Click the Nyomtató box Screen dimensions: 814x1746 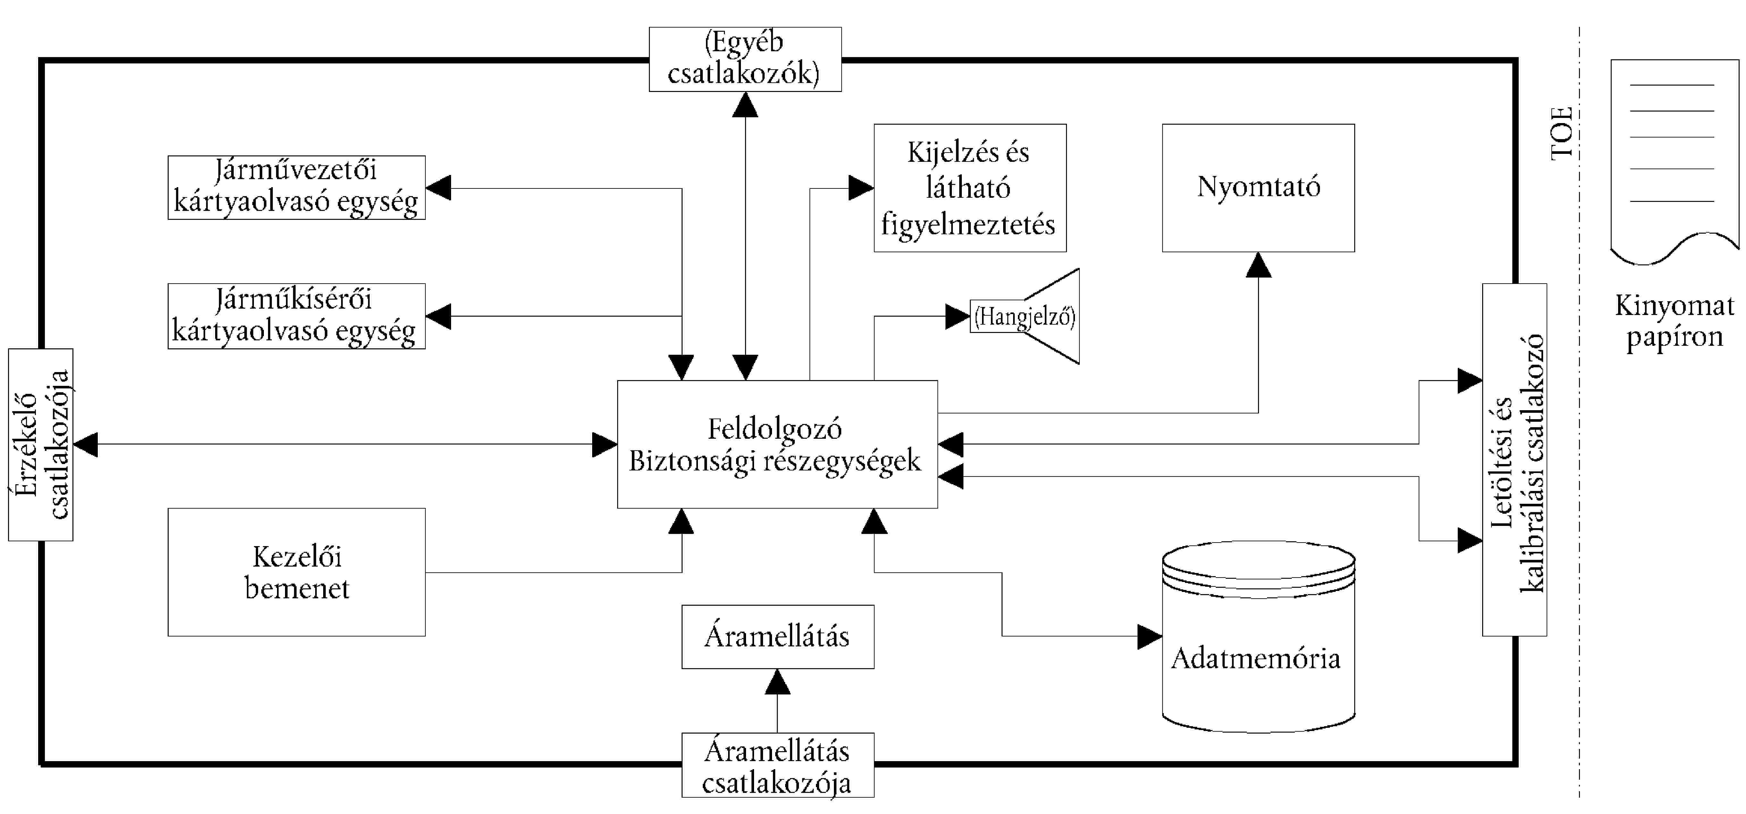pyautogui.click(x=1258, y=188)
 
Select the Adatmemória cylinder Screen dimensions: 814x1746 pyautogui.click(x=1258, y=637)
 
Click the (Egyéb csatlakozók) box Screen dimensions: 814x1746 pyautogui.click(x=745, y=59)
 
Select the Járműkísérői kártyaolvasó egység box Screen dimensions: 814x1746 pyautogui.click(x=296, y=316)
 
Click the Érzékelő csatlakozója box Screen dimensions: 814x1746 pyautogui.click(x=41, y=444)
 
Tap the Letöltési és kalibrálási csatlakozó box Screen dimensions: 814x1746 pyautogui.click(x=1514, y=460)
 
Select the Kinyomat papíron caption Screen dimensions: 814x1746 pyautogui.click(x=1674, y=320)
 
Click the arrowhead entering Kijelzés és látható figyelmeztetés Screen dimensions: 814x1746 pyautogui.click(x=861, y=188)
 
